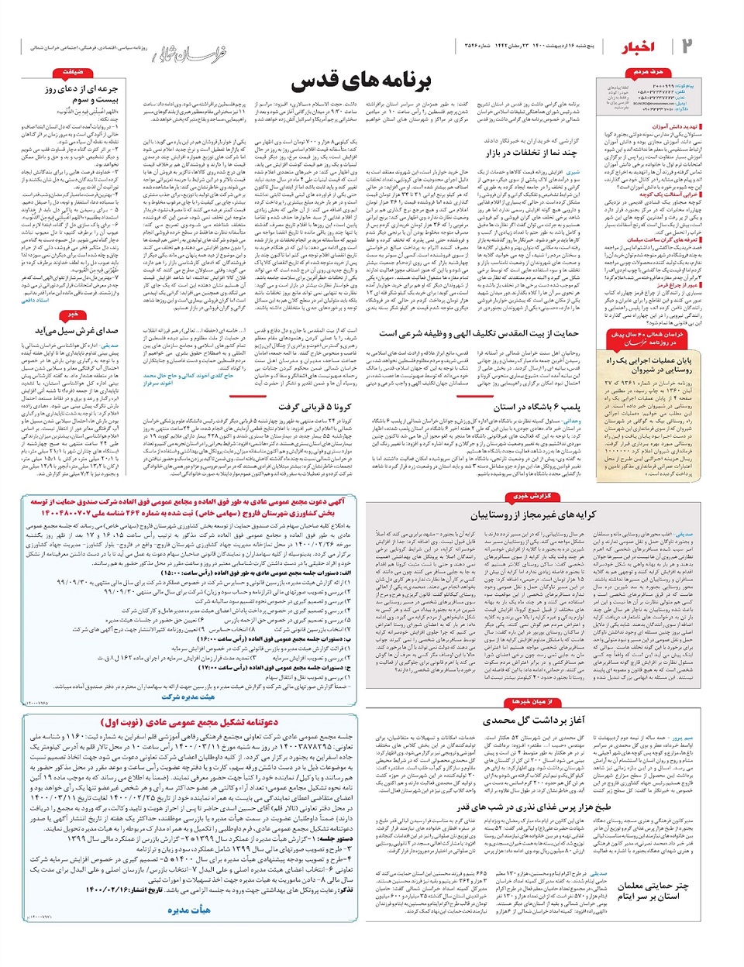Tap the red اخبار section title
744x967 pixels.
637,48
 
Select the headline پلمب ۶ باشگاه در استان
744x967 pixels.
536,407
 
